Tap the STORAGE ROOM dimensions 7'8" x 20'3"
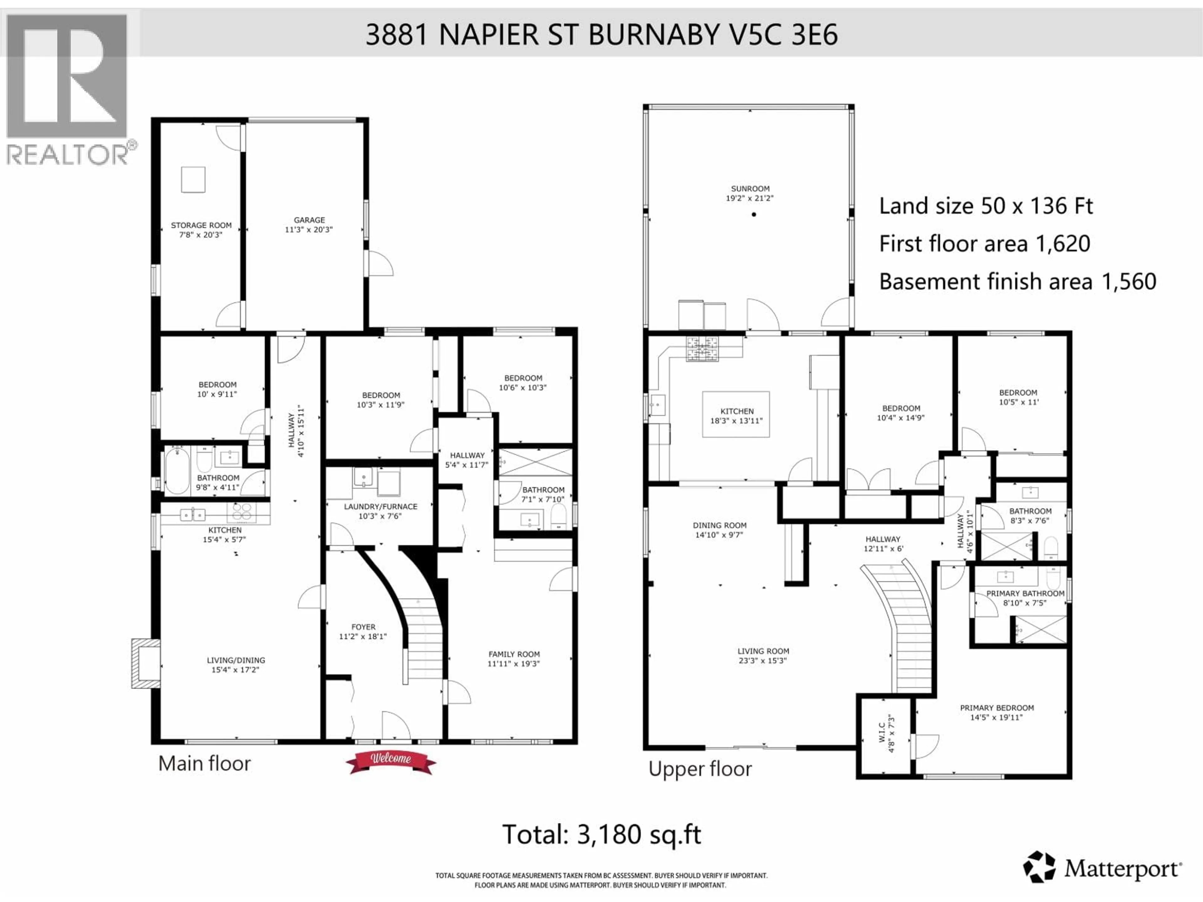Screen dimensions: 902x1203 coord(201,235)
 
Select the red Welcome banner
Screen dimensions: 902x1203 coord(390,762)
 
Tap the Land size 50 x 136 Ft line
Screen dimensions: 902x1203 coord(986,206)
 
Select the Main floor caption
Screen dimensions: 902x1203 coord(205,763)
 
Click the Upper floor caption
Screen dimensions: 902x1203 coord(700,769)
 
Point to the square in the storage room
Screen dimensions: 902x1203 coord(193,179)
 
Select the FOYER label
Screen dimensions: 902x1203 coord(363,627)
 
